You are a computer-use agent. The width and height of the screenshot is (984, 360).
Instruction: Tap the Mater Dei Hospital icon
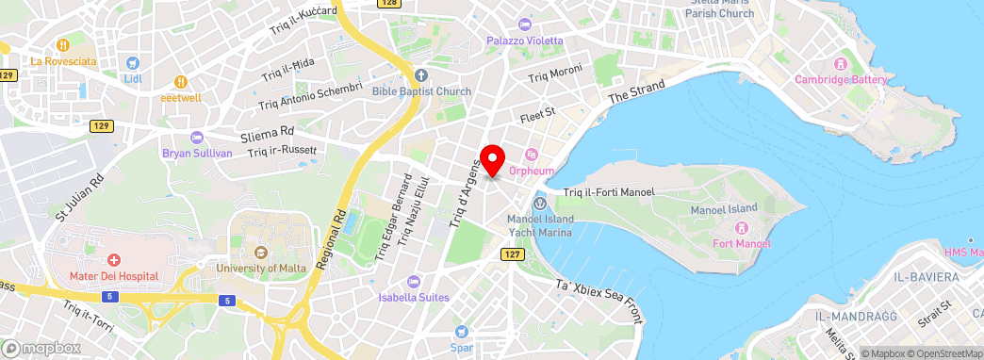pos(113,259)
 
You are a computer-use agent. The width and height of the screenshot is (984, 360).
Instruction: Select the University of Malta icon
pos(260,253)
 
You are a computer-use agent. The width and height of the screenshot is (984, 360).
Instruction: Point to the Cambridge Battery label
pos(841,79)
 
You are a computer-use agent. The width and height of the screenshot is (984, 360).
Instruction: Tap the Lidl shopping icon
pos(133,64)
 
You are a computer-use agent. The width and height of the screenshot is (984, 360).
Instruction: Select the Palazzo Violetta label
pos(524,41)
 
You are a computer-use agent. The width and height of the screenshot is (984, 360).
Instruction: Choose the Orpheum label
pos(531,172)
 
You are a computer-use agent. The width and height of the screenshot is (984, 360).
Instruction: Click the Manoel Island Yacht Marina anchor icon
pos(539,205)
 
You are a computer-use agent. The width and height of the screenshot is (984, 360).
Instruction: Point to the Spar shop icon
pos(461,331)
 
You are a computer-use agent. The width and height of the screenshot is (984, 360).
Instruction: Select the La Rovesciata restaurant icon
pos(63,44)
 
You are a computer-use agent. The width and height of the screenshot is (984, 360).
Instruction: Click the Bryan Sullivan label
pos(197,154)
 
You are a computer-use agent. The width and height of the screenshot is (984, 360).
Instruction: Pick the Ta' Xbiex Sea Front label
pos(598,300)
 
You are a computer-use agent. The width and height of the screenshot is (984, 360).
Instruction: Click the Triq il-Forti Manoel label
pos(608,192)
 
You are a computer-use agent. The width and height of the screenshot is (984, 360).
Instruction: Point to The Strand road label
pos(636,90)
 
